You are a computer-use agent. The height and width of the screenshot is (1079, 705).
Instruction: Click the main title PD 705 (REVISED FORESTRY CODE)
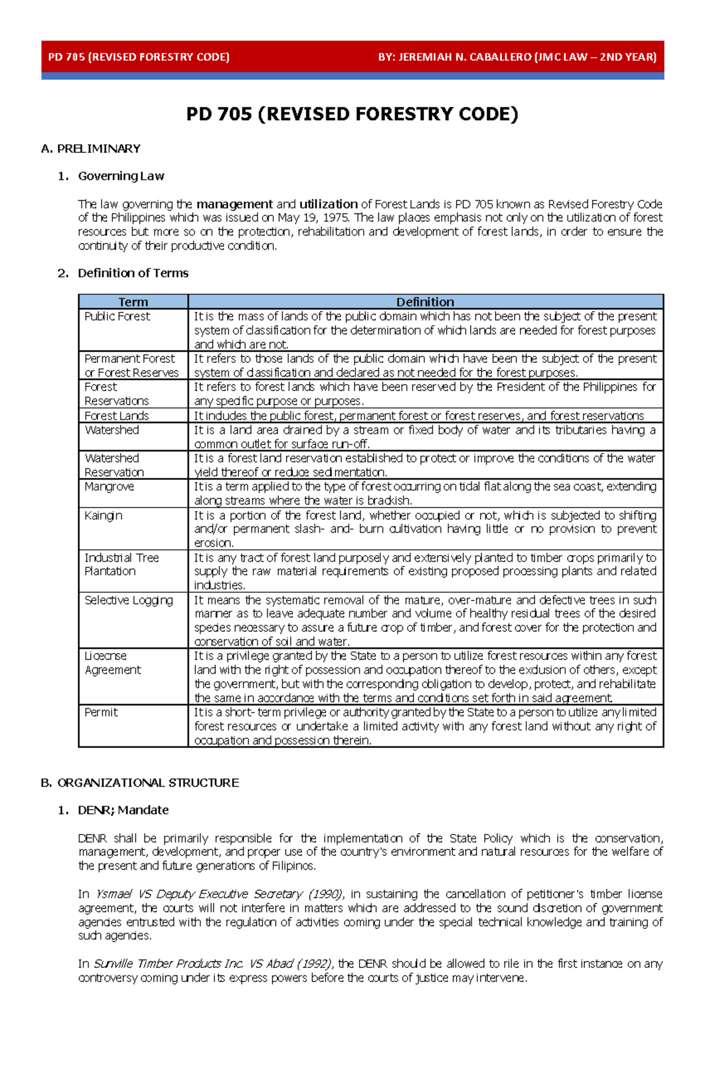tap(352, 113)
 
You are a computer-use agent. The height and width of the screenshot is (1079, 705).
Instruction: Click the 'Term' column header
tap(133, 302)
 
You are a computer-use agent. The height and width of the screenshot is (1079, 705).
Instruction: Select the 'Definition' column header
tap(425, 302)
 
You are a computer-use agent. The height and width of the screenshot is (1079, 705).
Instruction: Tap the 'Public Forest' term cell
tap(117, 316)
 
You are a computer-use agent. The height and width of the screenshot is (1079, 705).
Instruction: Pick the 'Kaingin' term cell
tap(103, 516)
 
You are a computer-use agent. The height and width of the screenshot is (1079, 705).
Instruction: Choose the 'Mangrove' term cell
tap(109, 487)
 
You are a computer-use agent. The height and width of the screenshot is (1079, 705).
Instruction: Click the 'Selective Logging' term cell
tap(129, 600)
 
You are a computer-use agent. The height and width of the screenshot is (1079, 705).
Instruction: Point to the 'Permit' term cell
tap(101, 713)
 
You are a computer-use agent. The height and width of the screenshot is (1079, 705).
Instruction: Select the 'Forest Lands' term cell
tap(116, 416)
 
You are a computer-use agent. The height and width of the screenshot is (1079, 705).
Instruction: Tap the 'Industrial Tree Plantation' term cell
tap(121, 564)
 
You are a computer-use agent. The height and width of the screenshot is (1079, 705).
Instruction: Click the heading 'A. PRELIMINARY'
tap(91, 149)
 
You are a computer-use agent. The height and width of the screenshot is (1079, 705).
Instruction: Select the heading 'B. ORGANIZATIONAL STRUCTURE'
tap(140, 783)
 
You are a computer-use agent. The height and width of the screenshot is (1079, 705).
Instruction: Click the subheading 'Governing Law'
tap(121, 176)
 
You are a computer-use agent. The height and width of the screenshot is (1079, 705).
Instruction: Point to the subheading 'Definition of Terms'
tap(133, 273)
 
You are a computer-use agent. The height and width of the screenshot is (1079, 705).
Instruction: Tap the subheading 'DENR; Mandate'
tap(123, 810)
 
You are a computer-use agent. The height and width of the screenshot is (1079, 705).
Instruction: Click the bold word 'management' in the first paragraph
tap(234, 204)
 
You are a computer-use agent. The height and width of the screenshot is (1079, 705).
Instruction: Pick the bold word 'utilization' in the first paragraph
tap(328, 204)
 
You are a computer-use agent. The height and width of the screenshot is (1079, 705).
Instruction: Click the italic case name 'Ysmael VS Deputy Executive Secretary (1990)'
tap(219, 894)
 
